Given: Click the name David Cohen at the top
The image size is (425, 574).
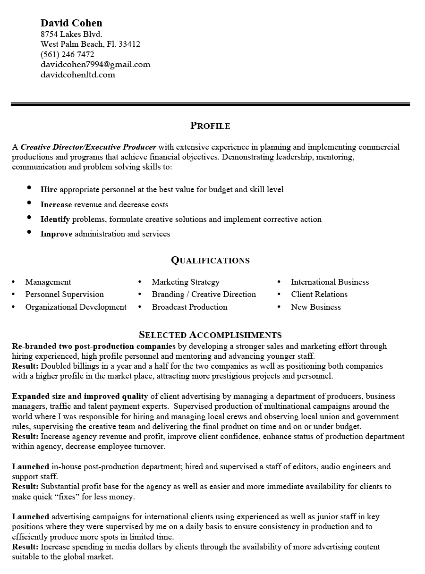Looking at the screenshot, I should (71, 23).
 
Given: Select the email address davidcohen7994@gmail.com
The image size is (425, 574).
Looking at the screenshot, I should (95, 64).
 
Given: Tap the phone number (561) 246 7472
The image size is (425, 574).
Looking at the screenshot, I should (68, 54).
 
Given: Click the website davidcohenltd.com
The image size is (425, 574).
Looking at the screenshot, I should (78, 75).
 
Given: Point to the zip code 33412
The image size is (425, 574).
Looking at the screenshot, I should (129, 44).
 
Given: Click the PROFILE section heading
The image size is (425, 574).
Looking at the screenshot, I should (210, 126).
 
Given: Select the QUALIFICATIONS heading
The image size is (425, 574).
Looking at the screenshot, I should (210, 261).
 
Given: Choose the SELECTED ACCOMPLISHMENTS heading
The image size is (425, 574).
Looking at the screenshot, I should (210, 335).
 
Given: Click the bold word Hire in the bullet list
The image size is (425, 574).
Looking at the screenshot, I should (49, 190).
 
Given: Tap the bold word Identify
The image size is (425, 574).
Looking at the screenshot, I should (55, 219).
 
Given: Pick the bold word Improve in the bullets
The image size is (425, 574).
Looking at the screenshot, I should (56, 234).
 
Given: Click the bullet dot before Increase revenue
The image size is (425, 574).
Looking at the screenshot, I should (30, 203).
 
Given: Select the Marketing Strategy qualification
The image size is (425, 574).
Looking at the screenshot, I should (186, 282).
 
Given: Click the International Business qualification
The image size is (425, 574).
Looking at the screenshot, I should (330, 282).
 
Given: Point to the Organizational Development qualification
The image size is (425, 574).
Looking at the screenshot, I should (76, 307).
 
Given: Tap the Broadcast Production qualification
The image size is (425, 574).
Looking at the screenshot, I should (189, 307).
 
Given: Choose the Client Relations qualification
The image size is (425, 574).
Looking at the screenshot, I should (319, 294).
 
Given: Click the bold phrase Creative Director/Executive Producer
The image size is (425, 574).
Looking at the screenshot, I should (88, 147).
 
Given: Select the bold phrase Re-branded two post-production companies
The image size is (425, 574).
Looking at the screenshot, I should (94, 346).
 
